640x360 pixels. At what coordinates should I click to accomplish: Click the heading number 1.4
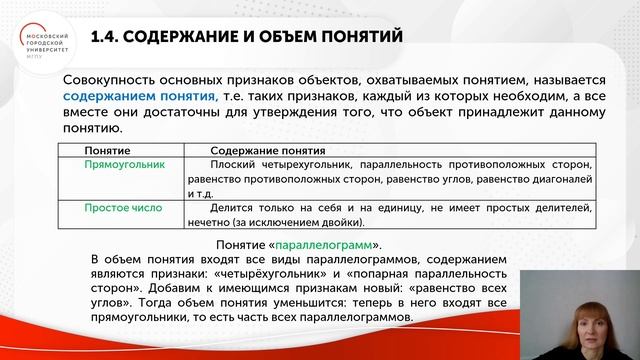point(107,38)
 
